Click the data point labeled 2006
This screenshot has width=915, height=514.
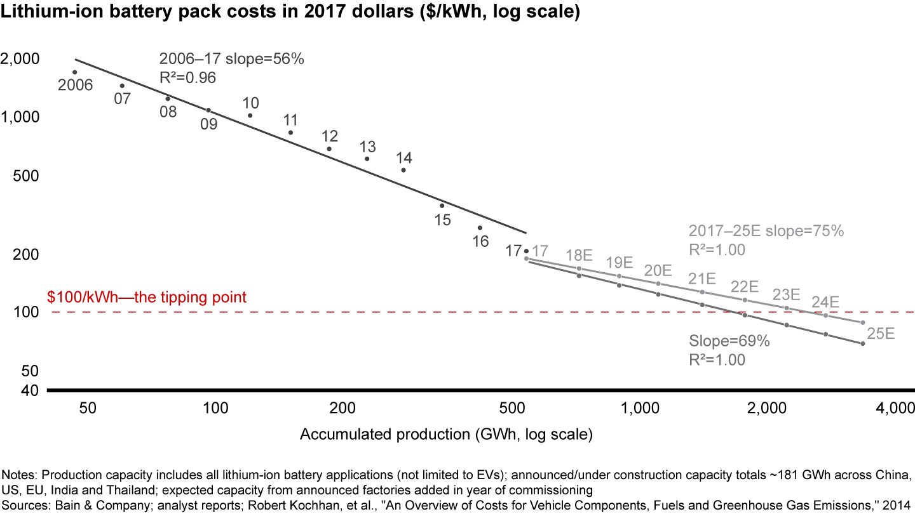74,72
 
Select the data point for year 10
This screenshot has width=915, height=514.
250,115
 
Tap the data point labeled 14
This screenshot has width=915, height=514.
403,170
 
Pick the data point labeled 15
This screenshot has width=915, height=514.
442,206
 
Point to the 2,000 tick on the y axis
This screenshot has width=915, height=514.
22,59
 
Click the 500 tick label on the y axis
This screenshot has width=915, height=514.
26,176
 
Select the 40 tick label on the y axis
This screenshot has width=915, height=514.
30,390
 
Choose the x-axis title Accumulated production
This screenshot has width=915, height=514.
446,435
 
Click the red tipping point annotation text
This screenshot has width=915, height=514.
147,297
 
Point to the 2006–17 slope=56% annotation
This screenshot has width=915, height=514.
232,60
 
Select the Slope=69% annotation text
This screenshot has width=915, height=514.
729,341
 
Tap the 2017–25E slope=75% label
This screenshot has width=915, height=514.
766,231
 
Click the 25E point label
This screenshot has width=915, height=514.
881,333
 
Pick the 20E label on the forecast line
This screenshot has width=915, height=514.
658,270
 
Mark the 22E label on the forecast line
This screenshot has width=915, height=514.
744,286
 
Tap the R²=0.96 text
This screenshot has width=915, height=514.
187,77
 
